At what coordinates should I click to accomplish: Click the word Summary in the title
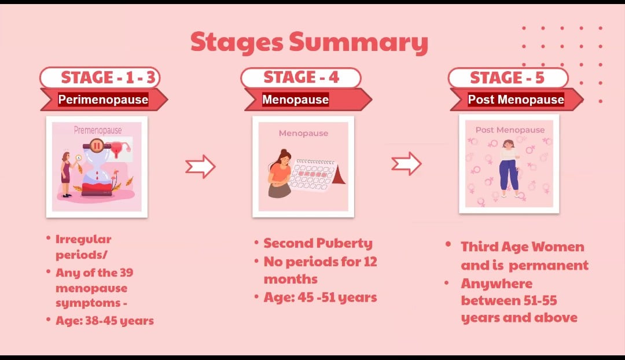point(359,42)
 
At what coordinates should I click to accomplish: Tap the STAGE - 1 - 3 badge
point(100,78)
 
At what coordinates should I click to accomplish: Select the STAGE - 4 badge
point(301,78)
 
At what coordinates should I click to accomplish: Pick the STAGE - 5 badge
point(508,78)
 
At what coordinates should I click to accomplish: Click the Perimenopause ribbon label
point(103,100)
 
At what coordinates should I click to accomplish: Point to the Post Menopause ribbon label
point(516,100)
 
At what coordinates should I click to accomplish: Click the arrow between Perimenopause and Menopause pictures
point(200,166)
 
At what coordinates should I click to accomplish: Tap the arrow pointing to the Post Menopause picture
point(406,163)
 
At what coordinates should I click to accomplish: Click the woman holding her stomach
point(281,174)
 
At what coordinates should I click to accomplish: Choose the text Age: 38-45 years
point(104,321)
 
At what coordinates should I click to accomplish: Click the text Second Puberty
point(318,243)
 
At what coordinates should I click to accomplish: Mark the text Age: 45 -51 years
point(320,297)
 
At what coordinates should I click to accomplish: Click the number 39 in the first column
point(126,273)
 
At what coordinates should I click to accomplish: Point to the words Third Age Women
point(523,247)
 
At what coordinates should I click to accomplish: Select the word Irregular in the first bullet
point(83,240)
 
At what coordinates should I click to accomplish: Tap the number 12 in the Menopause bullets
point(370,262)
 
